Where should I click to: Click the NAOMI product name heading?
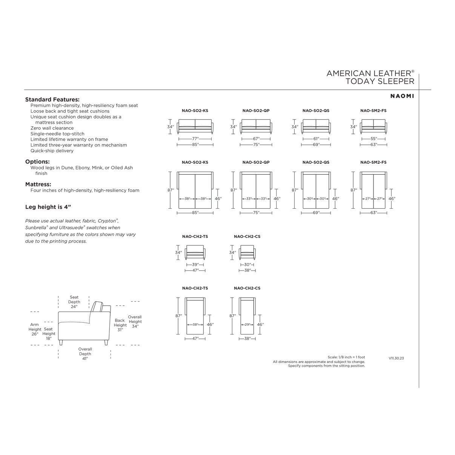point(402,96)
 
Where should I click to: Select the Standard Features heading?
point(52,99)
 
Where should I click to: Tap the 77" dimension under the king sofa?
point(195,139)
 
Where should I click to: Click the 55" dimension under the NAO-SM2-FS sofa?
point(374,139)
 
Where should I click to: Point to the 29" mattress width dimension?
point(247,325)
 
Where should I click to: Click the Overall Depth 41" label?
point(85,354)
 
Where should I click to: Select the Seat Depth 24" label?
point(74,302)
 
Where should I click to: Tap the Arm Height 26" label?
point(35,329)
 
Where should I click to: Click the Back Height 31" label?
point(120,325)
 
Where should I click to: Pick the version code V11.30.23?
point(396,358)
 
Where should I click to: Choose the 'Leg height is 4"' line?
point(48,207)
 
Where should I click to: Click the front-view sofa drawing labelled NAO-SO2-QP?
point(256,126)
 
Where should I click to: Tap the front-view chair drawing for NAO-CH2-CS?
point(247,252)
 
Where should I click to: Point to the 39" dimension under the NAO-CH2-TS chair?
point(195,265)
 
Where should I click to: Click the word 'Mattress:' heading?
point(38,184)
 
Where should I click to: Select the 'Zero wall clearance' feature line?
point(52,128)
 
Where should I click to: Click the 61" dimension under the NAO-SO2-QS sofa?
point(316,139)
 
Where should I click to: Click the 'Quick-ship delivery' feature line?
point(52,151)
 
